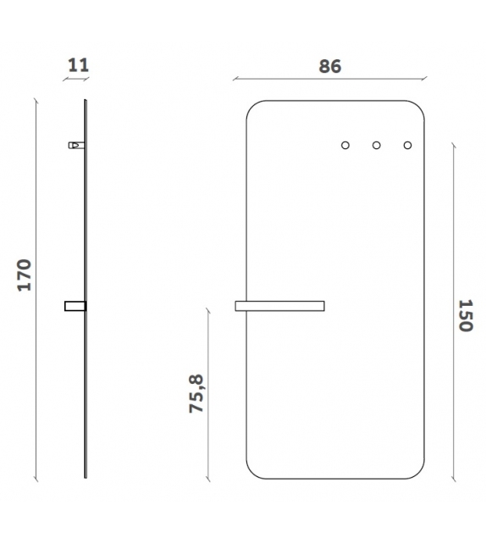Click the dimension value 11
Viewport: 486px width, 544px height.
point(79,65)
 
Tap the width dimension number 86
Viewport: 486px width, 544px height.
point(330,66)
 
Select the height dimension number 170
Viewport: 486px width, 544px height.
point(25,275)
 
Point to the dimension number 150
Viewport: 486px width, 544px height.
point(466,315)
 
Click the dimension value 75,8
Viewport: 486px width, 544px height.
point(196,393)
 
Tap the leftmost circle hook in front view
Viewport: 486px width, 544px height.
point(345,146)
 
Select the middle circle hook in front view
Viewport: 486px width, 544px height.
point(377,146)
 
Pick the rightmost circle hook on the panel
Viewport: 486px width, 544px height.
point(407,146)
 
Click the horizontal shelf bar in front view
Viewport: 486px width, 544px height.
point(279,306)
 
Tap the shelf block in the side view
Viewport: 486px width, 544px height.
point(75,306)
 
